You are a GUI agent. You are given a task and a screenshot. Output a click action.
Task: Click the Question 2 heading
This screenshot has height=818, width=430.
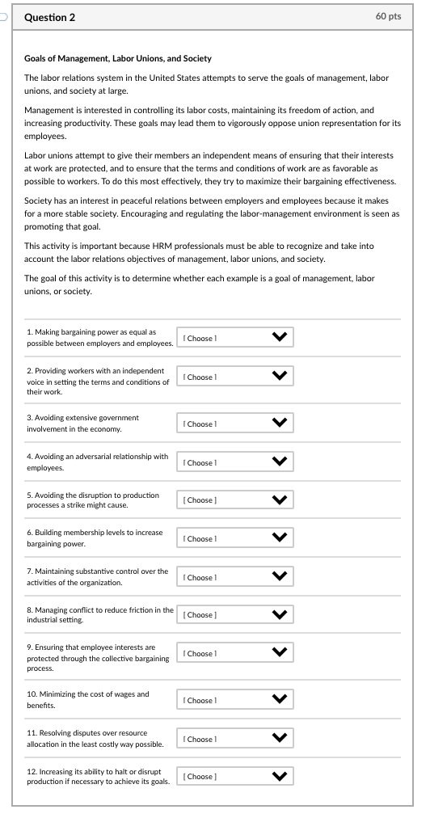[x=50, y=17]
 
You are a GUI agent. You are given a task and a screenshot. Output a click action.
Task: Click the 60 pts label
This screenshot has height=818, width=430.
[x=388, y=17]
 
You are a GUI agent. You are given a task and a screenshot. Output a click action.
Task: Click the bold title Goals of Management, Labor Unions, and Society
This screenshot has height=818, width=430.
[x=118, y=58]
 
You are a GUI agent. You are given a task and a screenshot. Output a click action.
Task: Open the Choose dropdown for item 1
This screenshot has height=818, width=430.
[x=235, y=338]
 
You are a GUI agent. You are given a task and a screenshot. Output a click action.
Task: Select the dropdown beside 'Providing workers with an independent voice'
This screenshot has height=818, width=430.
[x=235, y=377]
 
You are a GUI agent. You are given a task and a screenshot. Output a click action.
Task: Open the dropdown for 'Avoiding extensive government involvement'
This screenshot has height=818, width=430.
[x=235, y=424]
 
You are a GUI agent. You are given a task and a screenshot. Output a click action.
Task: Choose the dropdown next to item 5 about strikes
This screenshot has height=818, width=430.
[x=235, y=500]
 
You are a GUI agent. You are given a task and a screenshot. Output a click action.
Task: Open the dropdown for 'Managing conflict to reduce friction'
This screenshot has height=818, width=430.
[x=235, y=615]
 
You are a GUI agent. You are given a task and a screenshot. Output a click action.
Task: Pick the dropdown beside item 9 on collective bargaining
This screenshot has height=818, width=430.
[x=235, y=653]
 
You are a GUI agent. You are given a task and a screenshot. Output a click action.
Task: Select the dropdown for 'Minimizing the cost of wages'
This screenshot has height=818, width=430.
[x=235, y=700]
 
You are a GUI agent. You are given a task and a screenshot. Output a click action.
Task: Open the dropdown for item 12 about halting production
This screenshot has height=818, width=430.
[x=235, y=777]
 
